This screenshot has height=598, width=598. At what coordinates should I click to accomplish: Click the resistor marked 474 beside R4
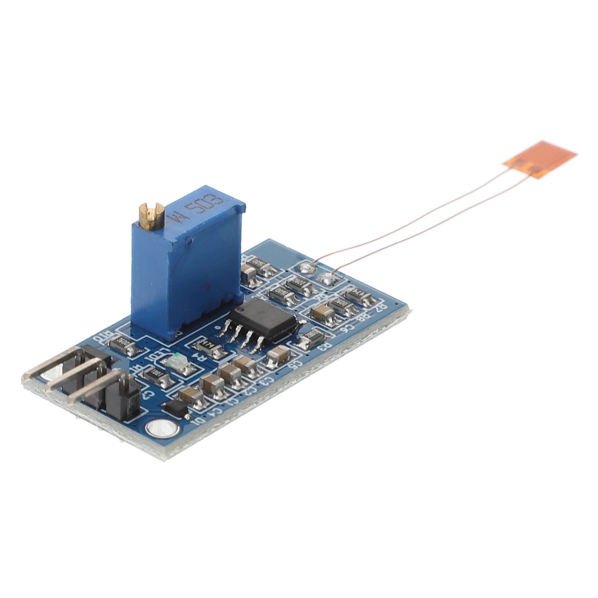(x=208, y=345)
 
